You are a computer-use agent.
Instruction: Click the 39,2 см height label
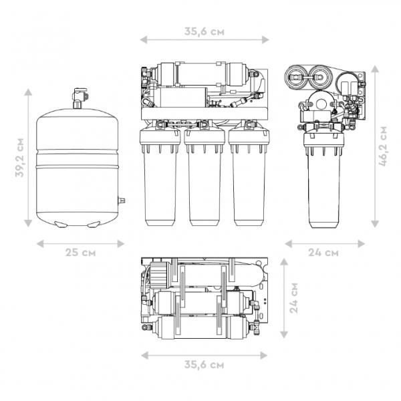click(19, 158)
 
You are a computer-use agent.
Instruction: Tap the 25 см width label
click(81, 253)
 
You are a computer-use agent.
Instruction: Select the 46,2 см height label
click(383, 146)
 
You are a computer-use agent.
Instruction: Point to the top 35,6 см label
click(205, 31)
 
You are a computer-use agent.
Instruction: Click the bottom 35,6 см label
click(204, 365)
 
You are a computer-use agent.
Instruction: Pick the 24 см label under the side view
click(323, 253)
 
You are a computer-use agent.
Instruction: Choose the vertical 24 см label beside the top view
click(293, 298)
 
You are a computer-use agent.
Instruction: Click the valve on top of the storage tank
click(80, 98)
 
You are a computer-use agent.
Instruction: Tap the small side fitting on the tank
click(121, 200)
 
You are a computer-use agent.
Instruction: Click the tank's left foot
click(61, 225)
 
